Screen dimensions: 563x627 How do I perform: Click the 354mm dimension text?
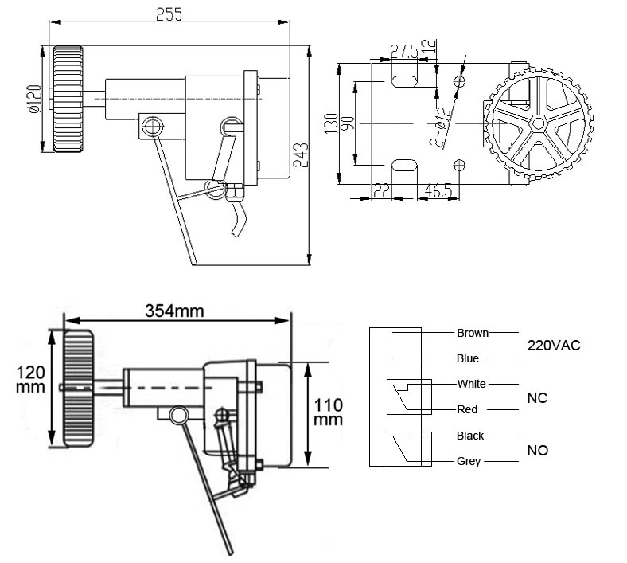[x=174, y=311]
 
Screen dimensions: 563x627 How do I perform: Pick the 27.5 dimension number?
[x=405, y=52]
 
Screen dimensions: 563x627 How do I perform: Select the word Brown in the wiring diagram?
[x=473, y=333]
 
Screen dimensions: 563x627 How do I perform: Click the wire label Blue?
[x=468, y=359]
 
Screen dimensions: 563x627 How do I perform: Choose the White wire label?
[x=471, y=384]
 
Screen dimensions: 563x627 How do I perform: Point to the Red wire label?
[x=468, y=409]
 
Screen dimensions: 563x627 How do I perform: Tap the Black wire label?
[x=470, y=436]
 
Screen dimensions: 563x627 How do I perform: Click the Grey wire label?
[x=469, y=461]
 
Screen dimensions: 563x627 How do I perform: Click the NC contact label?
[x=538, y=397]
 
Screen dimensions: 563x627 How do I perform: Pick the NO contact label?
[x=538, y=450]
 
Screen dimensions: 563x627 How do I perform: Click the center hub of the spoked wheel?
[x=538, y=123]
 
